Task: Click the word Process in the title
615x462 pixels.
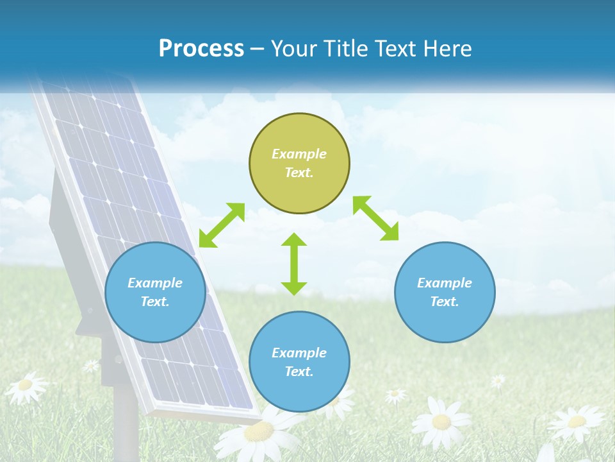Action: pyautogui.click(x=201, y=49)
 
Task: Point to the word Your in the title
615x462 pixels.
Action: pyautogui.click(x=294, y=49)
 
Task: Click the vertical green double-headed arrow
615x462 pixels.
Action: pyautogui.click(x=294, y=264)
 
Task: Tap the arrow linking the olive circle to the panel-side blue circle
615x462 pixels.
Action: pyautogui.click(x=222, y=225)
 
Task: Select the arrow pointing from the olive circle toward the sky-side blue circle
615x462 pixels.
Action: pyautogui.click(x=375, y=218)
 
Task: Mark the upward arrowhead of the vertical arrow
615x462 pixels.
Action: pyautogui.click(x=294, y=239)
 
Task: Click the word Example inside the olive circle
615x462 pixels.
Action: pyautogui.click(x=299, y=154)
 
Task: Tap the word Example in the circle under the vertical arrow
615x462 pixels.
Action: pyautogui.click(x=299, y=353)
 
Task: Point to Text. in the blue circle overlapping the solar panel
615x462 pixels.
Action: pyautogui.click(x=155, y=302)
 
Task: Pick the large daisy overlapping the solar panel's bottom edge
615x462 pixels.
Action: pyautogui.click(x=259, y=433)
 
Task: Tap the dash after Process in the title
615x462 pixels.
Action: pyautogui.click(x=258, y=49)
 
